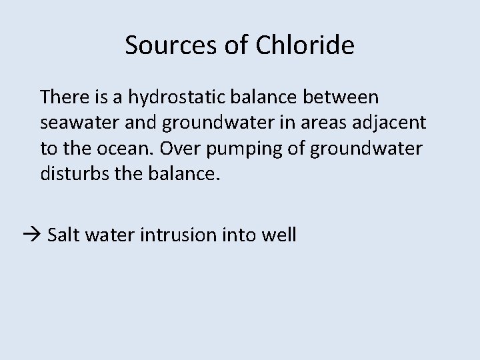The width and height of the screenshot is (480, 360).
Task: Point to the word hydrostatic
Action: (x=169, y=97)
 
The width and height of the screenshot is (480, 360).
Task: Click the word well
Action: (x=281, y=235)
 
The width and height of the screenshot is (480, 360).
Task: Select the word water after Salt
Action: (x=111, y=235)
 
